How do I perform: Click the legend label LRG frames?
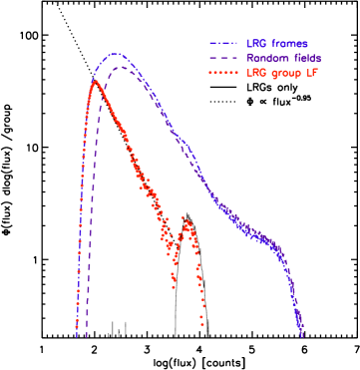[x=277, y=44]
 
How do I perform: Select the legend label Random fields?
[x=283, y=58]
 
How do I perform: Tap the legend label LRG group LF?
[x=283, y=73]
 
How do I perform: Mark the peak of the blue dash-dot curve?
[x=116, y=54]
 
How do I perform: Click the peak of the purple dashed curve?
[x=122, y=67]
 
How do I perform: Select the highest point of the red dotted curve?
[x=95, y=82]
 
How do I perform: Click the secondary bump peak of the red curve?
[x=186, y=219]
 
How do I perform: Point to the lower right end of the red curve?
[x=202, y=324]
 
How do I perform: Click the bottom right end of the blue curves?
[x=302, y=335]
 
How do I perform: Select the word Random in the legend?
[x=264, y=58]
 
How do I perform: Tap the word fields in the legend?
[x=303, y=58]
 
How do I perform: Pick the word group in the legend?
[x=284, y=73]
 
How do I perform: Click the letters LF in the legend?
[x=313, y=73]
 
